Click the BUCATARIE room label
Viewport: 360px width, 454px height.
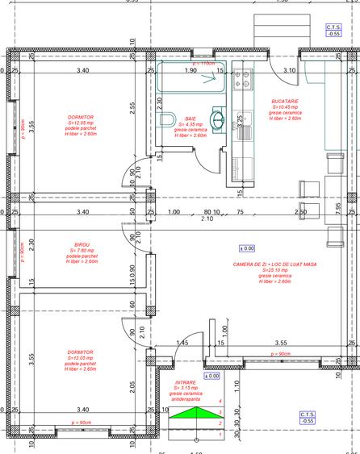click(x=285, y=101)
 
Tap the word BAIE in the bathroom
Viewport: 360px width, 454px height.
click(x=190, y=118)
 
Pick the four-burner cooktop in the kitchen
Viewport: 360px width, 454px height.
click(x=241, y=80)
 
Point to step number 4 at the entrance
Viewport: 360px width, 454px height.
click(x=220, y=401)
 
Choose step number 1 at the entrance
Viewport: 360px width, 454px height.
click(x=220, y=435)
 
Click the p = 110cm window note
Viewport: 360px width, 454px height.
click(x=204, y=62)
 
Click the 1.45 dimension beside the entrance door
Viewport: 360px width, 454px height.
click(x=182, y=344)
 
